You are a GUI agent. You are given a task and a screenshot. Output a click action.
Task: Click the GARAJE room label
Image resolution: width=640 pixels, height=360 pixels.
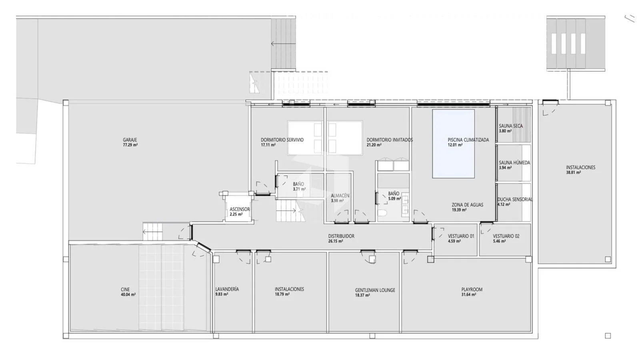tap(130, 140)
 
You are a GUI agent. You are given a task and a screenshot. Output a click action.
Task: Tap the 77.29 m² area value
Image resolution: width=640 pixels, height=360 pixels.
tap(130, 145)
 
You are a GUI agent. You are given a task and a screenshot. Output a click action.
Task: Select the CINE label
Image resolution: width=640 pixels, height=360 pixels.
tap(125, 290)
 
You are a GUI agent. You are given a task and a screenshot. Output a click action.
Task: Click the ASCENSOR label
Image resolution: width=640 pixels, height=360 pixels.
tap(240, 210)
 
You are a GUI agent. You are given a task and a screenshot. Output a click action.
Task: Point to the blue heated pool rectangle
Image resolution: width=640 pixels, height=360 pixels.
tap(454, 144)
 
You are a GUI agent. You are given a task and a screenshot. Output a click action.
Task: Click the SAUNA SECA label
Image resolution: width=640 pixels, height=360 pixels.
tap(511, 126)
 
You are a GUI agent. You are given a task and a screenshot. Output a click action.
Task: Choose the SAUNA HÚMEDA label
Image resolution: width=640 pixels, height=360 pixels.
tap(514, 163)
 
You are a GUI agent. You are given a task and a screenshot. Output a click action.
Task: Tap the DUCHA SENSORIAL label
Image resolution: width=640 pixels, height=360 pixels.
tap(515, 200)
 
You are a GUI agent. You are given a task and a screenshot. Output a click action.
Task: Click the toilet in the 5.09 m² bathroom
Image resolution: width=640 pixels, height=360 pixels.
tap(382, 213)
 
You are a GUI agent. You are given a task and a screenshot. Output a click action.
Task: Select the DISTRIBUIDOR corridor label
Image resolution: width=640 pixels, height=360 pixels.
tap(341, 236)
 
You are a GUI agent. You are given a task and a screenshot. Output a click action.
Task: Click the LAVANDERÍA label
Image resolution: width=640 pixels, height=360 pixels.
tap(227, 289)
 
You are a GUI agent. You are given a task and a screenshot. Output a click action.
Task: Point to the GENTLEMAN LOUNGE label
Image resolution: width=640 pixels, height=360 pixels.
tap(375, 290)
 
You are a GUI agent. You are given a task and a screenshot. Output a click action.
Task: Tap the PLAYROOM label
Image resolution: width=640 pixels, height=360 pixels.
tap(472, 290)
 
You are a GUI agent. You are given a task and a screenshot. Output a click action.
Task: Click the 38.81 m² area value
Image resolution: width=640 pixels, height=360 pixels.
tap(573, 172)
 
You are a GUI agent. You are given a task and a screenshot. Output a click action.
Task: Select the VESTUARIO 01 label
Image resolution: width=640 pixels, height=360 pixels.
tap(461, 236)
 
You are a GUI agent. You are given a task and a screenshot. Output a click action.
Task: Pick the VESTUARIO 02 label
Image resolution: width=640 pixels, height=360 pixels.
tap(506, 236)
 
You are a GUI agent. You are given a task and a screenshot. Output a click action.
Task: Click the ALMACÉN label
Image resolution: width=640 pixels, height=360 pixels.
tap(340, 196)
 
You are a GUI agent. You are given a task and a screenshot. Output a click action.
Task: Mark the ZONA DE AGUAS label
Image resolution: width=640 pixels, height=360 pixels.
tap(468, 205)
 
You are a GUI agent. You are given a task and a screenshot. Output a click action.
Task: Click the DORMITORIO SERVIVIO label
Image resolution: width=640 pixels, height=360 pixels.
tap(282, 140)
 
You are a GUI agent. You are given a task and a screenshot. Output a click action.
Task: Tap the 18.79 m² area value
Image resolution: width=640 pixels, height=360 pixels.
tap(282, 294)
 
